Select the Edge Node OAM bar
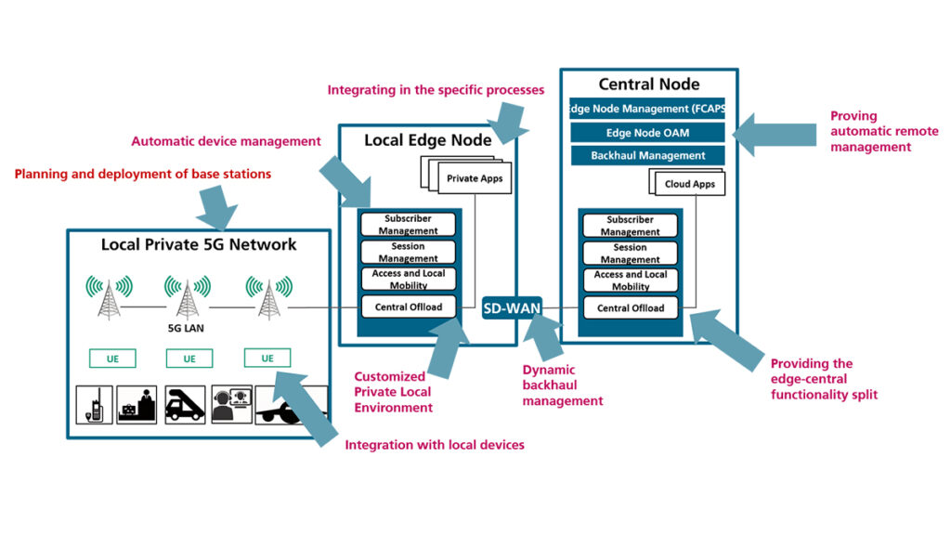pyautogui.click(x=648, y=133)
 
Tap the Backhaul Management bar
pyautogui.click(x=648, y=156)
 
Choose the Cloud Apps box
pyautogui.click(x=689, y=184)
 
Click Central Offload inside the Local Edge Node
pyautogui.click(x=409, y=307)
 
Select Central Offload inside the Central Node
pyautogui.click(x=631, y=308)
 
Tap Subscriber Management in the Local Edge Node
pyautogui.click(x=409, y=225)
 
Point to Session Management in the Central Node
pyautogui.click(x=631, y=253)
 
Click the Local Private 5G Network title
pyautogui.click(x=199, y=245)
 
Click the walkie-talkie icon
pyautogui.click(x=94, y=405)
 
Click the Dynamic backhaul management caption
pyautogui.click(x=562, y=385)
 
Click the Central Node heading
pyautogui.click(x=648, y=85)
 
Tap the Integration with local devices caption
pyautogui.click(x=434, y=445)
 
